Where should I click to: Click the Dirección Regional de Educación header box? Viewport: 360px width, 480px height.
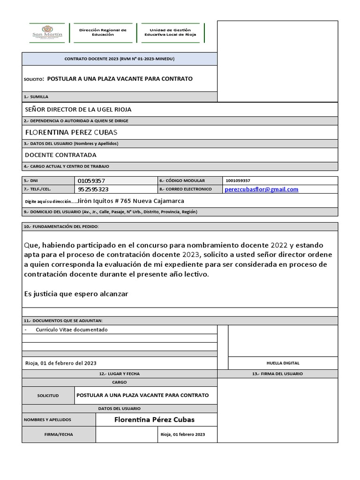pyautogui.click(x=103, y=32)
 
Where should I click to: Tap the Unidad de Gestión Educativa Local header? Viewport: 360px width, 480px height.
pyautogui.click(x=170, y=32)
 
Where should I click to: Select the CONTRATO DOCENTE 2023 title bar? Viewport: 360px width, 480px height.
pyautogui.click(x=119, y=59)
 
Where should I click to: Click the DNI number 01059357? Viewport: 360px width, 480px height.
pyautogui.click(x=91, y=180)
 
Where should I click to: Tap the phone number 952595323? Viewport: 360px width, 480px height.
pyautogui.click(x=93, y=189)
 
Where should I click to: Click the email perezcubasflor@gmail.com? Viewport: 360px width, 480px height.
pyautogui.click(x=262, y=189)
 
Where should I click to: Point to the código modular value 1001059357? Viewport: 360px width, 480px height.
pyautogui.click(x=238, y=180)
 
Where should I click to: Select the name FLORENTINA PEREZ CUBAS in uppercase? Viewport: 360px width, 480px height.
pyautogui.click(x=71, y=133)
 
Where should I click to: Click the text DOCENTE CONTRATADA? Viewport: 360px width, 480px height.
pyautogui.click(x=60, y=155)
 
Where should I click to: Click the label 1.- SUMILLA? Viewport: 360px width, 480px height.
pyautogui.click(x=36, y=97)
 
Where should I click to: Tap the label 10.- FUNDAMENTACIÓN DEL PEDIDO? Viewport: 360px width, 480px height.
pyautogui.click(x=61, y=227)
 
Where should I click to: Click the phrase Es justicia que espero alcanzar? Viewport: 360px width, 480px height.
pyautogui.click(x=76, y=293)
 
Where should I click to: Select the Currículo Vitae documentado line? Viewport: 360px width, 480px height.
pyautogui.click(x=72, y=330)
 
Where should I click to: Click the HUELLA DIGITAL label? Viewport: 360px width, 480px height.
pyautogui.click(x=283, y=363)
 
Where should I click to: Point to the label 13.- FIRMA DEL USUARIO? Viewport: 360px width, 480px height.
pyautogui.click(x=277, y=374)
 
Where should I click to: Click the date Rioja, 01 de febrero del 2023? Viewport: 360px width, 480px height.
pyautogui.click(x=61, y=363)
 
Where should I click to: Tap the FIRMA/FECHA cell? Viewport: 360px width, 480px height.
pyautogui.click(x=59, y=435)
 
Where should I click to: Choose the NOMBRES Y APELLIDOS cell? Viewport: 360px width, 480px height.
pyautogui.click(x=47, y=420)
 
